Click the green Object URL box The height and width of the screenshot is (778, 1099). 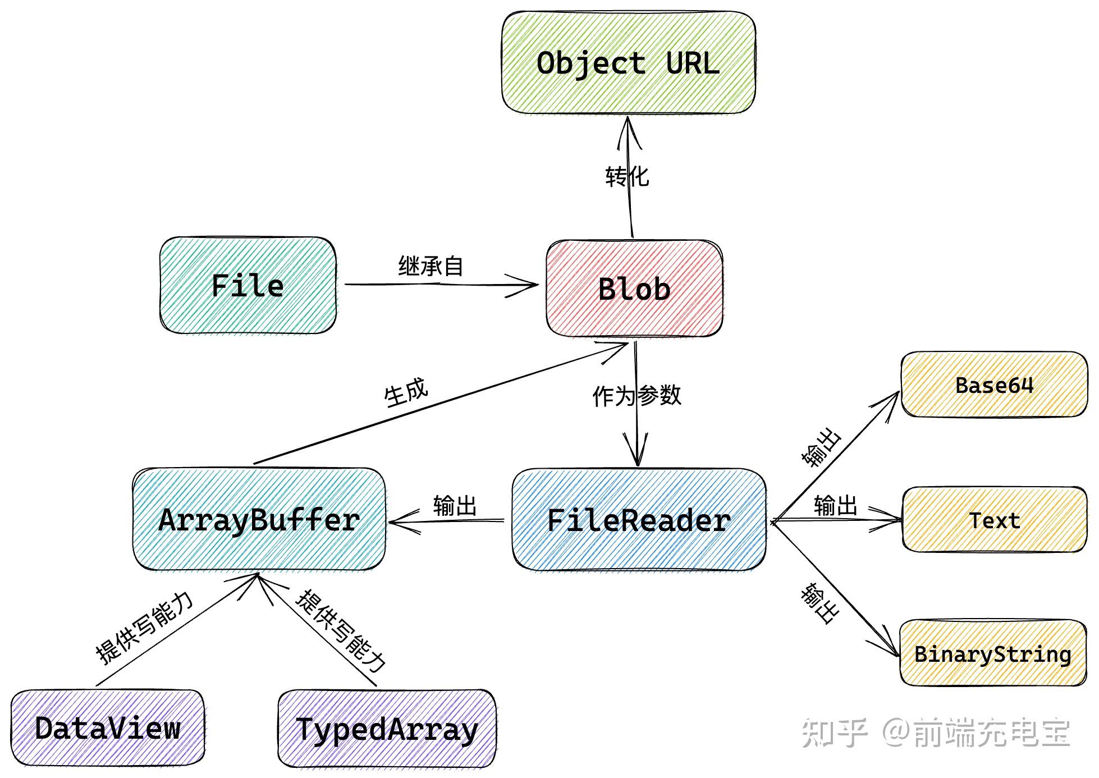coord(628,63)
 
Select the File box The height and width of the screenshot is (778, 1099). coord(248,285)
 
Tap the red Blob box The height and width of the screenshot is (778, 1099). coord(634,289)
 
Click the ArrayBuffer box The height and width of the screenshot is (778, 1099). coord(259,520)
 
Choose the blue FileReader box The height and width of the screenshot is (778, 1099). coord(639,520)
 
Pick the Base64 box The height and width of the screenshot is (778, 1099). coord(994,385)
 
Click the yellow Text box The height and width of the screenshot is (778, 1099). coord(994,520)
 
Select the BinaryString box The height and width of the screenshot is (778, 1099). coord(993,654)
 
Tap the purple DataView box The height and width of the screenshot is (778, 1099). coord(107,728)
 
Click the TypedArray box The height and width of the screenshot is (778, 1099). coord(387,729)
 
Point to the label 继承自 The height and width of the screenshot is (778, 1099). coord(431,266)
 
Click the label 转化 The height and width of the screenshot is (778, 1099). coord(627,177)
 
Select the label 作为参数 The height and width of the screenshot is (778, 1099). coord(637,396)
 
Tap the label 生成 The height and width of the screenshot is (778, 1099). coord(406,392)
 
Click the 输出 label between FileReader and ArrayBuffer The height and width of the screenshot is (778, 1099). coord(455,506)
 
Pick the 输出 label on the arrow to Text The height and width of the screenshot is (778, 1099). coord(835,505)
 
